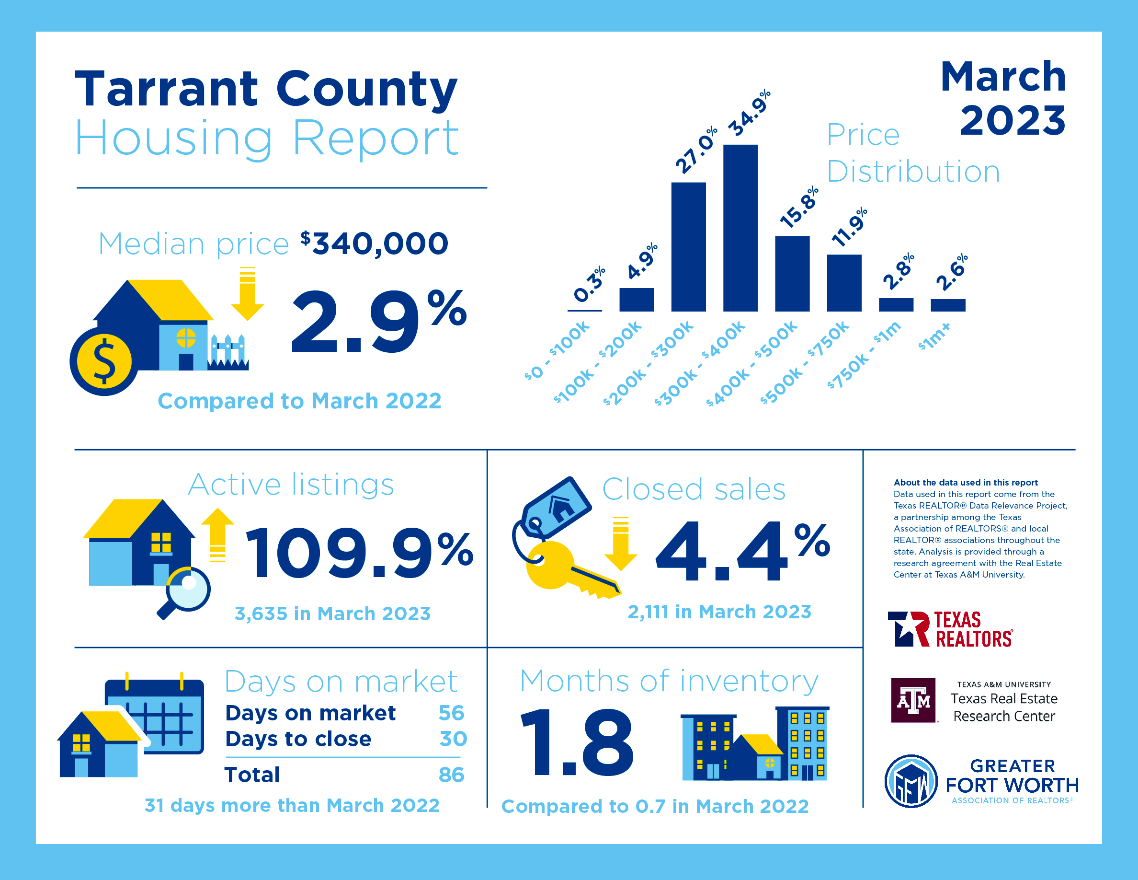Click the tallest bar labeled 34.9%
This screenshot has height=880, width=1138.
tap(740, 228)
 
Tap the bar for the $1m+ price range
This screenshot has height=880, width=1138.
tap(948, 305)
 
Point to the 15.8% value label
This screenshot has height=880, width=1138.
tap(799, 208)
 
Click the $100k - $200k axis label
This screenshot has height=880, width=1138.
tap(598, 362)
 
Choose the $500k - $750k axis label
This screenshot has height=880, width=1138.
tap(805, 362)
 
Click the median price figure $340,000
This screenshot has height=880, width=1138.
tap(375, 243)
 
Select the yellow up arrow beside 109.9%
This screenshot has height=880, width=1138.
tap(218, 534)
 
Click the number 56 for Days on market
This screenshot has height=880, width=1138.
tap(451, 713)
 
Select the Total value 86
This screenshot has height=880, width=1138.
tap(451, 775)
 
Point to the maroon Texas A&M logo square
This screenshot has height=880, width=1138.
tap(913, 700)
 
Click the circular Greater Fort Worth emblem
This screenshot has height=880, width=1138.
tap(911, 781)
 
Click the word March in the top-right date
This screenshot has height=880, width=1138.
tap(1003, 77)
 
